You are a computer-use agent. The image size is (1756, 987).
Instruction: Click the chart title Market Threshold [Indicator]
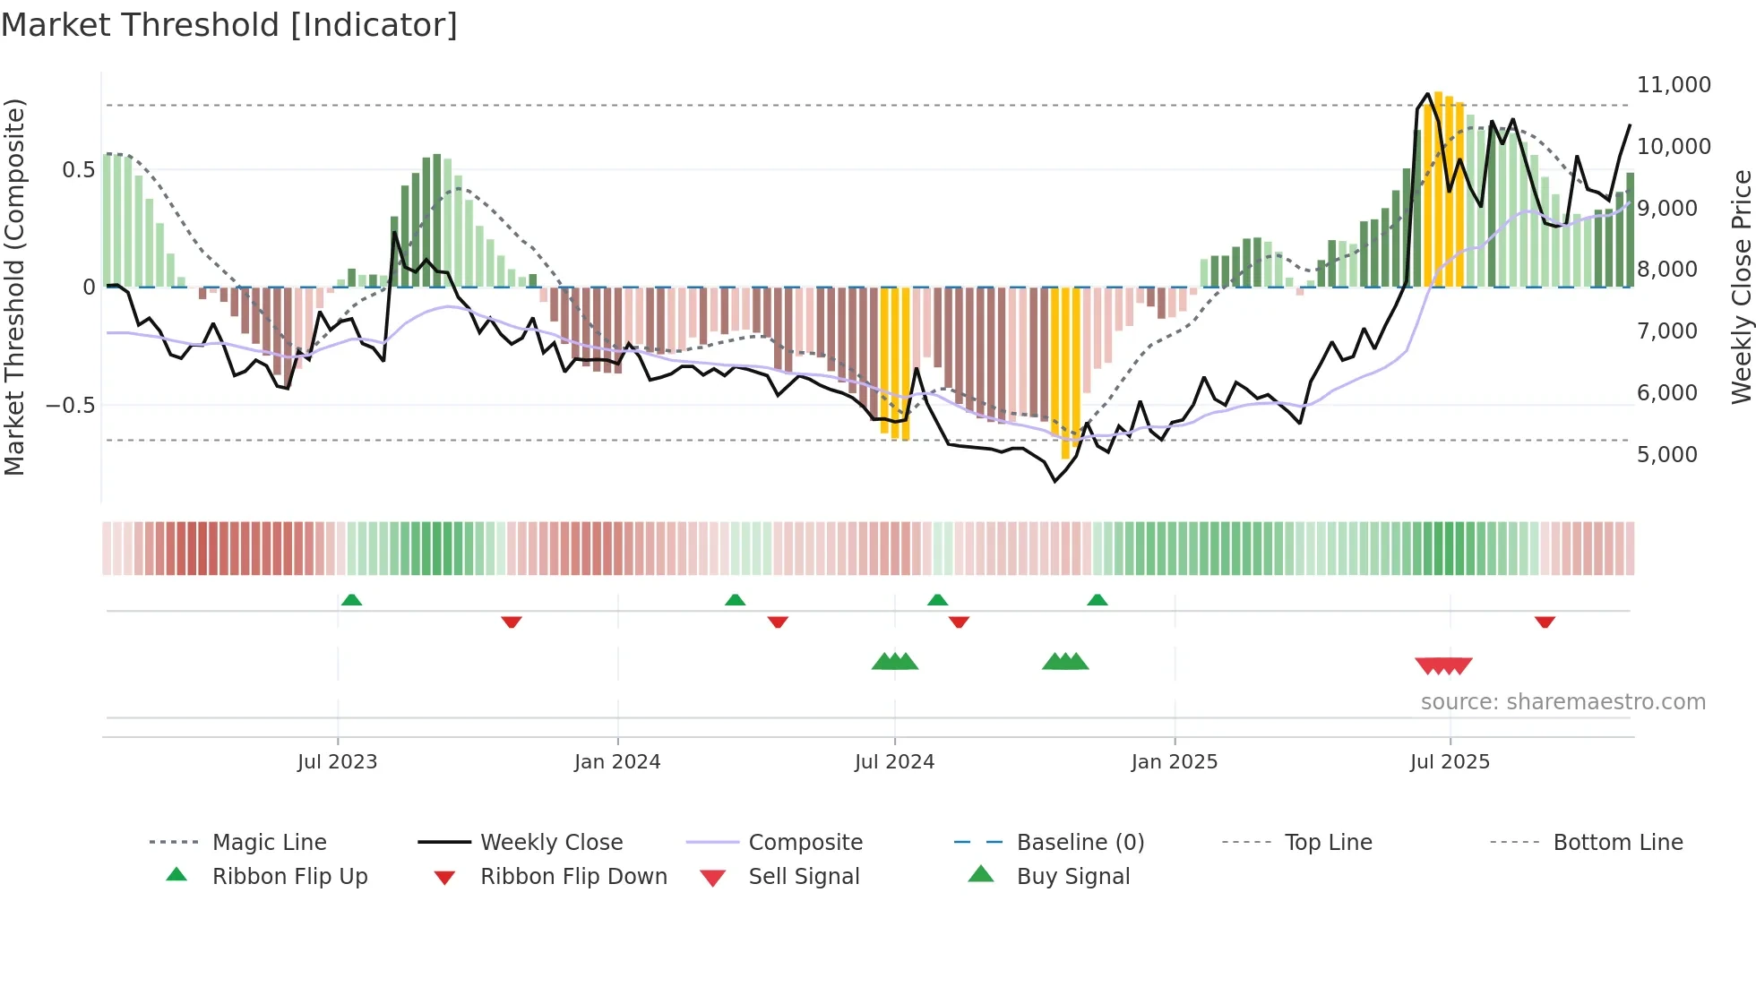click(x=229, y=25)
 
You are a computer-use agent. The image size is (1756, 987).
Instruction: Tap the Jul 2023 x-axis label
click(x=337, y=762)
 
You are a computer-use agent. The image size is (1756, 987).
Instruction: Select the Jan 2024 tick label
click(x=617, y=762)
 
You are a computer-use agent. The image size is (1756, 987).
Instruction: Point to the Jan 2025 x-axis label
click(x=1174, y=762)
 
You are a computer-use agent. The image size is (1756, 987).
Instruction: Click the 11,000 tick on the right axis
click(x=1673, y=85)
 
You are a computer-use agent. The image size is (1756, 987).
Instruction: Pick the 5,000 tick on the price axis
click(x=1666, y=455)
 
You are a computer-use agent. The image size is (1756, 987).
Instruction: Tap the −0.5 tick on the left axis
click(x=70, y=406)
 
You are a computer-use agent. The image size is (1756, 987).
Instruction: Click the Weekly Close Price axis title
click(x=1741, y=287)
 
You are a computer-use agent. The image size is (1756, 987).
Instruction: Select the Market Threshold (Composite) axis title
click(x=15, y=287)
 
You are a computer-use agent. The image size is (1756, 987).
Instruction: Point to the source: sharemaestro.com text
click(x=1562, y=702)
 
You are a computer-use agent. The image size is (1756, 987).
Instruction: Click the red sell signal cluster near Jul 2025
click(x=1443, y=665)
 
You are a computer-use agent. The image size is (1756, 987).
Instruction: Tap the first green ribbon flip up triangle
click(x=351, y=600)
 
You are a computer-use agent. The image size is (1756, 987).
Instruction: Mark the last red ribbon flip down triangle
click(x=1545, y=622)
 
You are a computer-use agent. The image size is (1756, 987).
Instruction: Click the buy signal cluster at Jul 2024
click(x=895, y=662)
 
